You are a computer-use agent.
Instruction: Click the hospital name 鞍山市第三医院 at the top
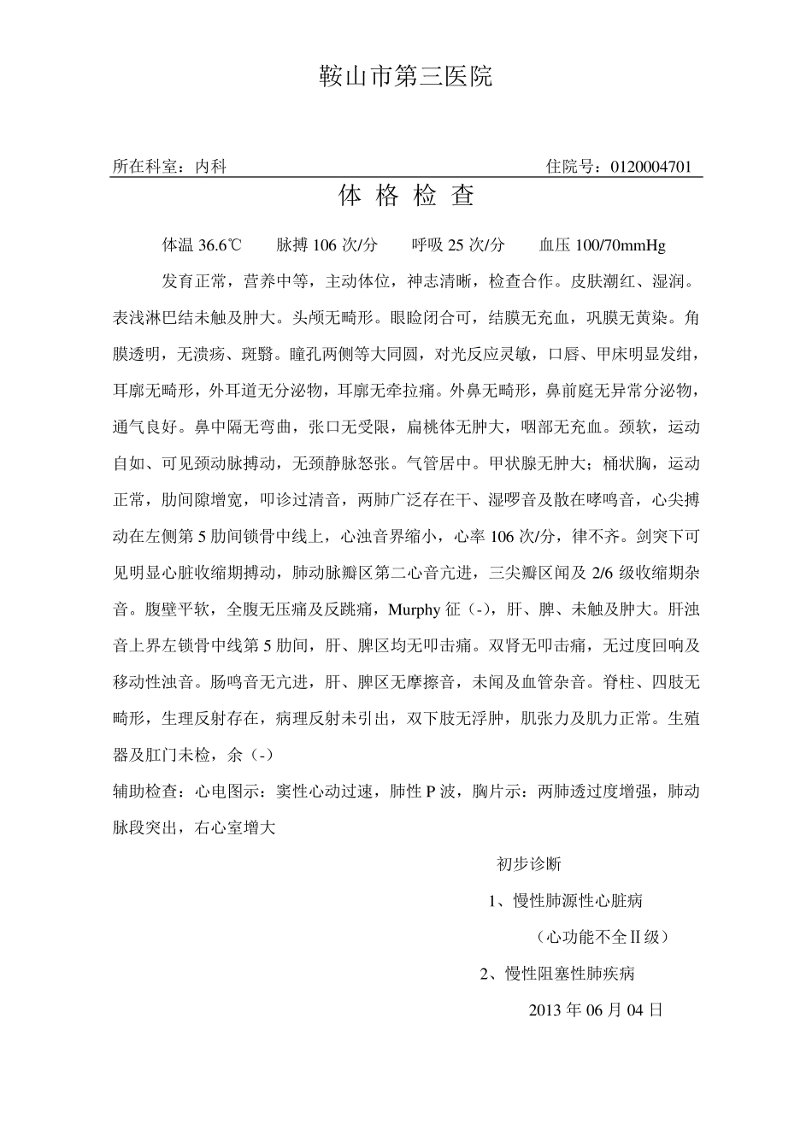pos(406,77)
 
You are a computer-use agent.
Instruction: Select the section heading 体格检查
pos(406,197)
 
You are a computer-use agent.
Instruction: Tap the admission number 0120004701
pos(651,167)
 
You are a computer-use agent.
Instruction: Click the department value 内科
pos(210,167)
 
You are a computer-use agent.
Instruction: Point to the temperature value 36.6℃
pos(220,245)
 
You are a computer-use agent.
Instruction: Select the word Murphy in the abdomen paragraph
pos(415,610)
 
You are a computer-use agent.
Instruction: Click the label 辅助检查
pos(145,792)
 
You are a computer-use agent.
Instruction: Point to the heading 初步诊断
pos(528,864)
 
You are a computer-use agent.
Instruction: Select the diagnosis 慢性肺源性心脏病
pos(578,901)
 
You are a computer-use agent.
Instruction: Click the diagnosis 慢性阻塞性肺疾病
pos(570,974)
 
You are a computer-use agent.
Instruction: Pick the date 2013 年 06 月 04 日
pos(596,1010)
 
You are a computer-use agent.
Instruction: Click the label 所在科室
pos(145,167)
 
